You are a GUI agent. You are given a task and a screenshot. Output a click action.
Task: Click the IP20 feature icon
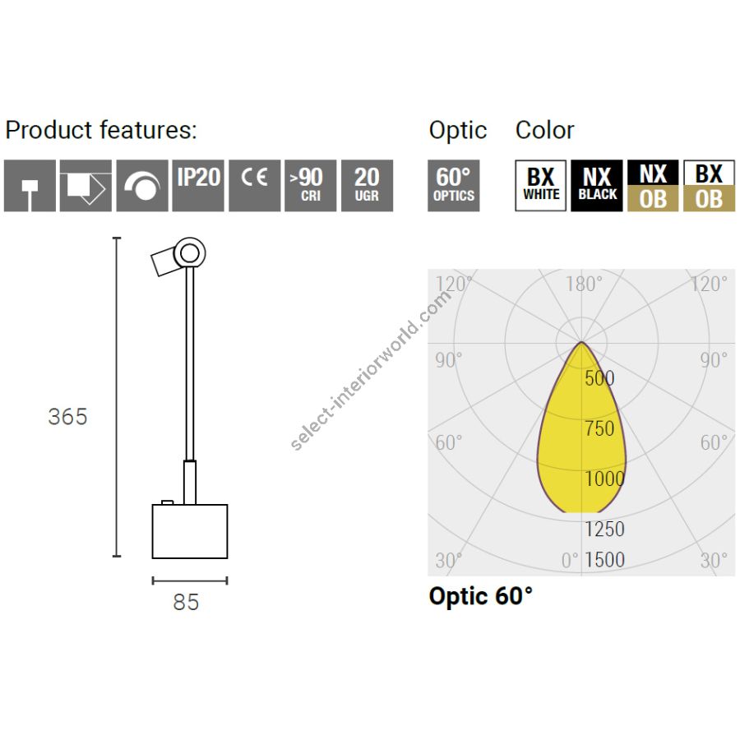198,186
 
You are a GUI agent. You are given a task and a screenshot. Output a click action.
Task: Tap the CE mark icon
254,186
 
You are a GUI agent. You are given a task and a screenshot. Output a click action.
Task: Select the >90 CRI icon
311,186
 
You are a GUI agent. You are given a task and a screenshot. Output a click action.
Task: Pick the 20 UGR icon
368,186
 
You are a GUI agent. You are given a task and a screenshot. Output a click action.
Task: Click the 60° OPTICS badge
454,186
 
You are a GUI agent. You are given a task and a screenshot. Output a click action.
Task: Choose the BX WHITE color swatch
541,186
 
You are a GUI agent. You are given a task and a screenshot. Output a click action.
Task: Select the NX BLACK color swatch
597,186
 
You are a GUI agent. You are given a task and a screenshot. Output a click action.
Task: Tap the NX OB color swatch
653,186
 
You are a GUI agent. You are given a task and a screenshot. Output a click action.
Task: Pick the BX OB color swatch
710,186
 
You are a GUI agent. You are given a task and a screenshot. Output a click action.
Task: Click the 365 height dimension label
68,417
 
